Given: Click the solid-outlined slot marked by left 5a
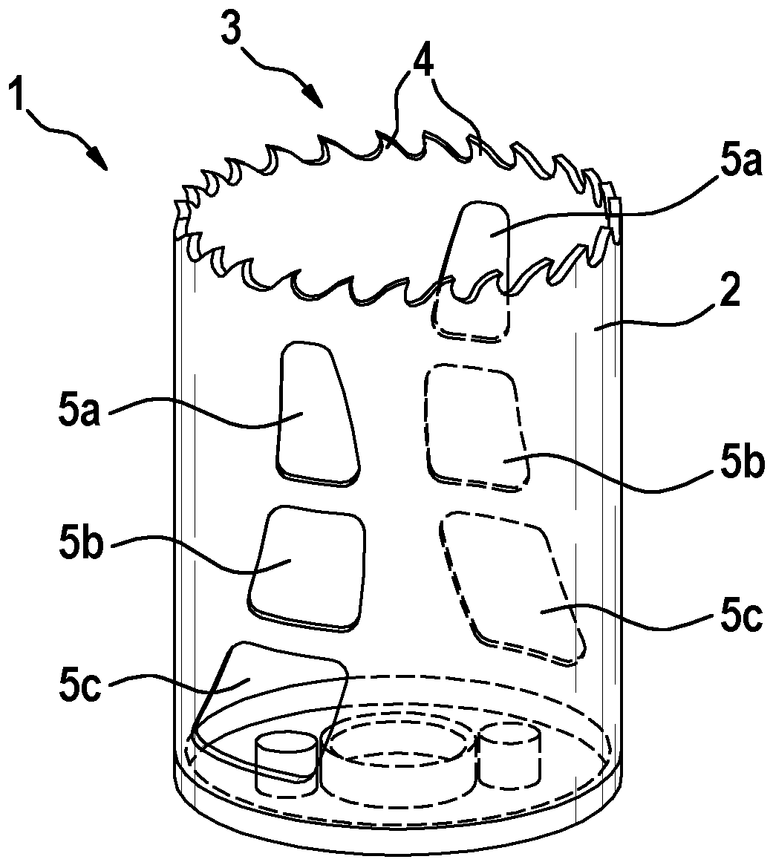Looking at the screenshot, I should pos(315,413).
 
